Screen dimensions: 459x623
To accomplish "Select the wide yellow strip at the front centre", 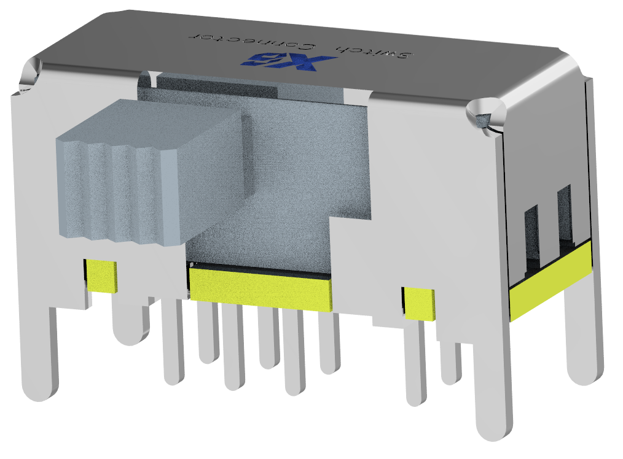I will [261, 288].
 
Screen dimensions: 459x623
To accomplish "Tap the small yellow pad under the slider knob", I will [101, 275].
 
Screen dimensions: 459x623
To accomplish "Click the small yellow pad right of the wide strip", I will [419, 303].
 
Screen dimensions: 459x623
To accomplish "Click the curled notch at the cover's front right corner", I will [485, 114].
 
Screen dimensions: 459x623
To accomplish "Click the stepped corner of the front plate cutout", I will [332, 218].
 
